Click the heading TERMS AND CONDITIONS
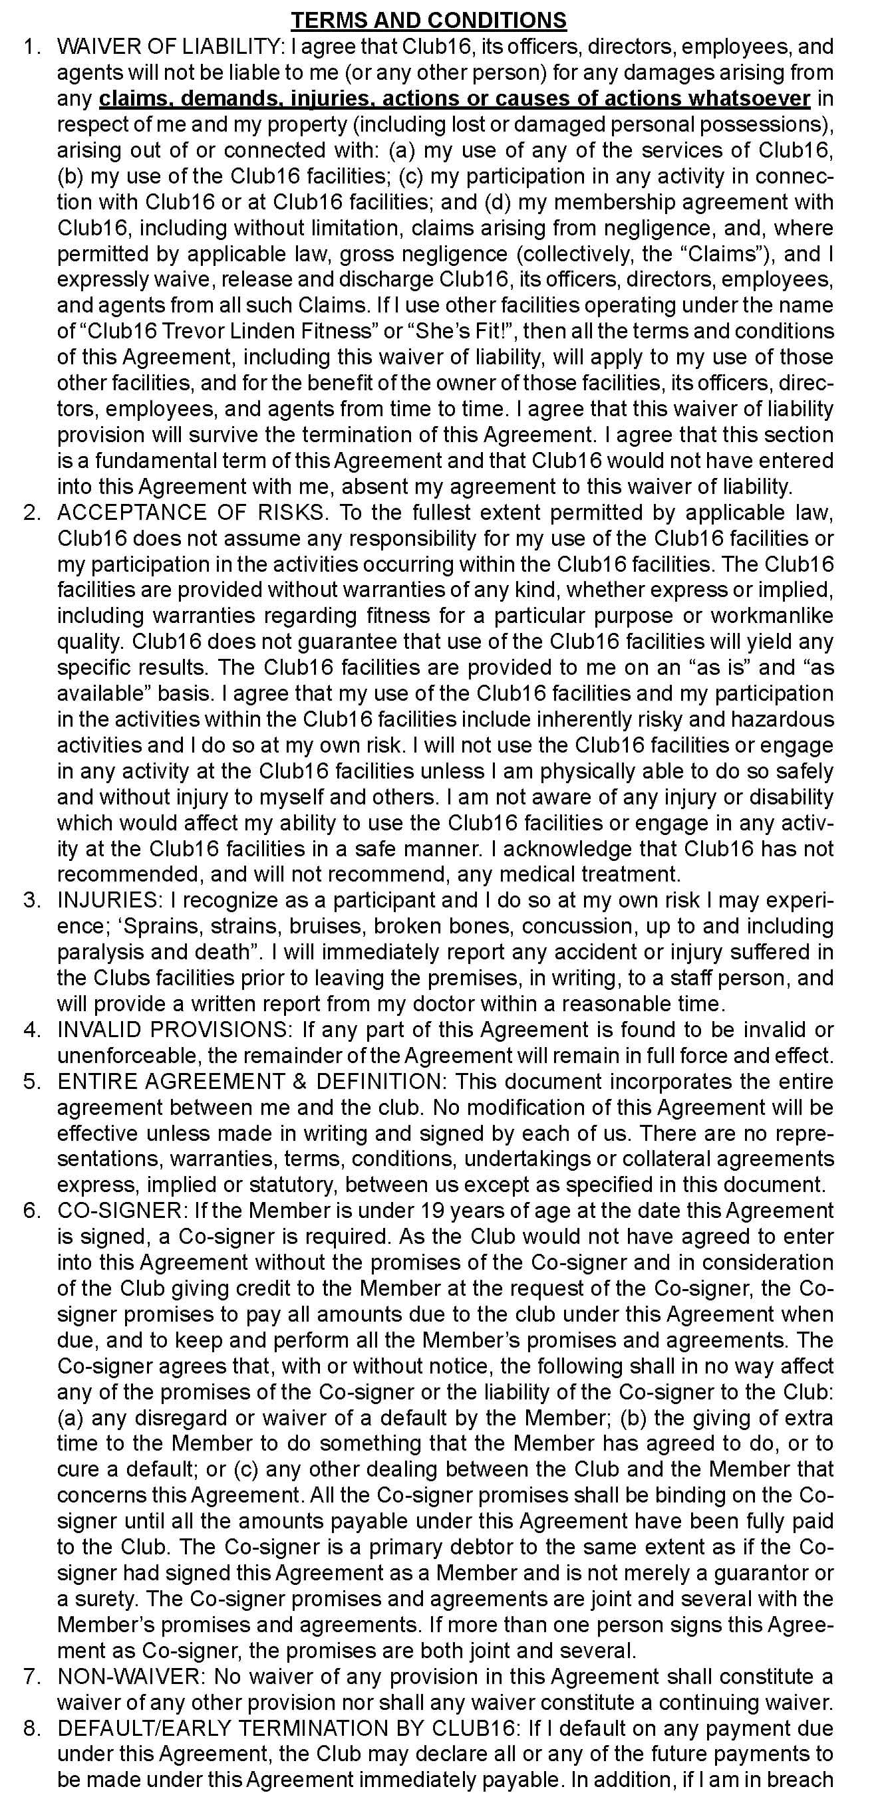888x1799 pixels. (x=428, y=20)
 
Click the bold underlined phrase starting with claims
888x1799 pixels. (x=454, y=98)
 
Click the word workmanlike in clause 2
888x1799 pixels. (x=772, y=616)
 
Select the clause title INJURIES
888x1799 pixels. (x=108, y=900)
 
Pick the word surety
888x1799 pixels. (x=102, y=1599)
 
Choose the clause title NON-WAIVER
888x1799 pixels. (x=130, y=1676)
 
